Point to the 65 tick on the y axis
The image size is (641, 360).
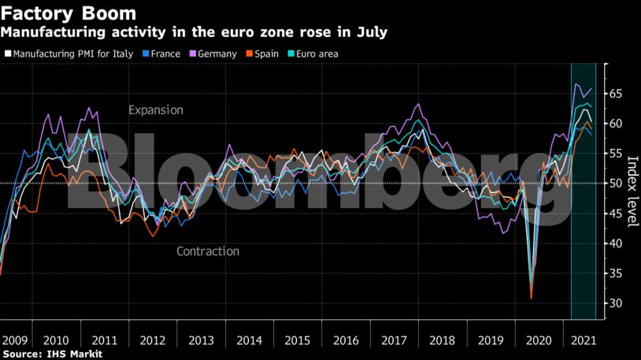[617, 94]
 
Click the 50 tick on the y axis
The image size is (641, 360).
[617, 184]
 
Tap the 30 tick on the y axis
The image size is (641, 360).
[617, 303]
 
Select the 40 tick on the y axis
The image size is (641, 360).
[617, 243]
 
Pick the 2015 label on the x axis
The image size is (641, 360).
[297, 340]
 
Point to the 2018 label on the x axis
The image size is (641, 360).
[441, 340]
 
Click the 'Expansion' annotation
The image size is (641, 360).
[156, 110]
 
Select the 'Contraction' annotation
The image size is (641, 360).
[207, 251]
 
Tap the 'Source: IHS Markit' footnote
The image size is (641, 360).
[52, 354]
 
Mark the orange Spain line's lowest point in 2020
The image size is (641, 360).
[532, 298]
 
